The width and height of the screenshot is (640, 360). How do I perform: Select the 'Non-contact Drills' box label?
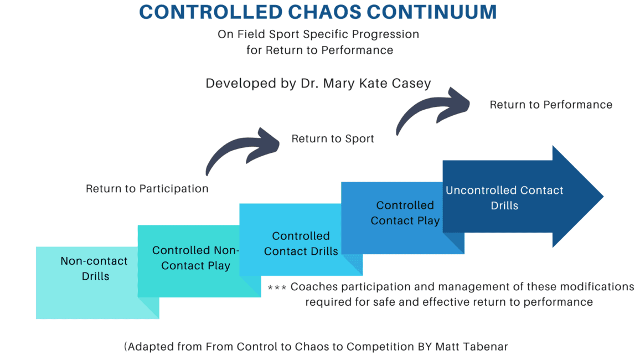(x=94, y=268)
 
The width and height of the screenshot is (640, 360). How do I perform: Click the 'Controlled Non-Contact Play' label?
(x=195, y=258)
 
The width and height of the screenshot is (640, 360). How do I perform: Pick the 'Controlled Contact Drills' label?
(x=301, y=244)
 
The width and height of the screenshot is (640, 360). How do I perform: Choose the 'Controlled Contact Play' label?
(x=405, y=213)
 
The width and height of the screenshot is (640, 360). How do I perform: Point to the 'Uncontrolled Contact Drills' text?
(x=504, y=198)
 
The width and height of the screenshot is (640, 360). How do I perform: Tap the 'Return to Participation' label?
(x=147, y=189)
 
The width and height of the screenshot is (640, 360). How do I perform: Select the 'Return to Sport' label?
(x=333, y=139)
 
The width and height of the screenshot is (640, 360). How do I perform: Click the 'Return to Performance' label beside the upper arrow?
(x=551, y=105)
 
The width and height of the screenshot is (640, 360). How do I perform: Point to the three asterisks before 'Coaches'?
(x=277, y=288)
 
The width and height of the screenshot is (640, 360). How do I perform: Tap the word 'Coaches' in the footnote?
(x=313, y=287)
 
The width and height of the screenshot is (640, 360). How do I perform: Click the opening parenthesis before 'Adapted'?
(x=126, y=347)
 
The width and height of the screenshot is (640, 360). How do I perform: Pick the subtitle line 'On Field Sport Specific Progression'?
(x=318, y=34)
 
